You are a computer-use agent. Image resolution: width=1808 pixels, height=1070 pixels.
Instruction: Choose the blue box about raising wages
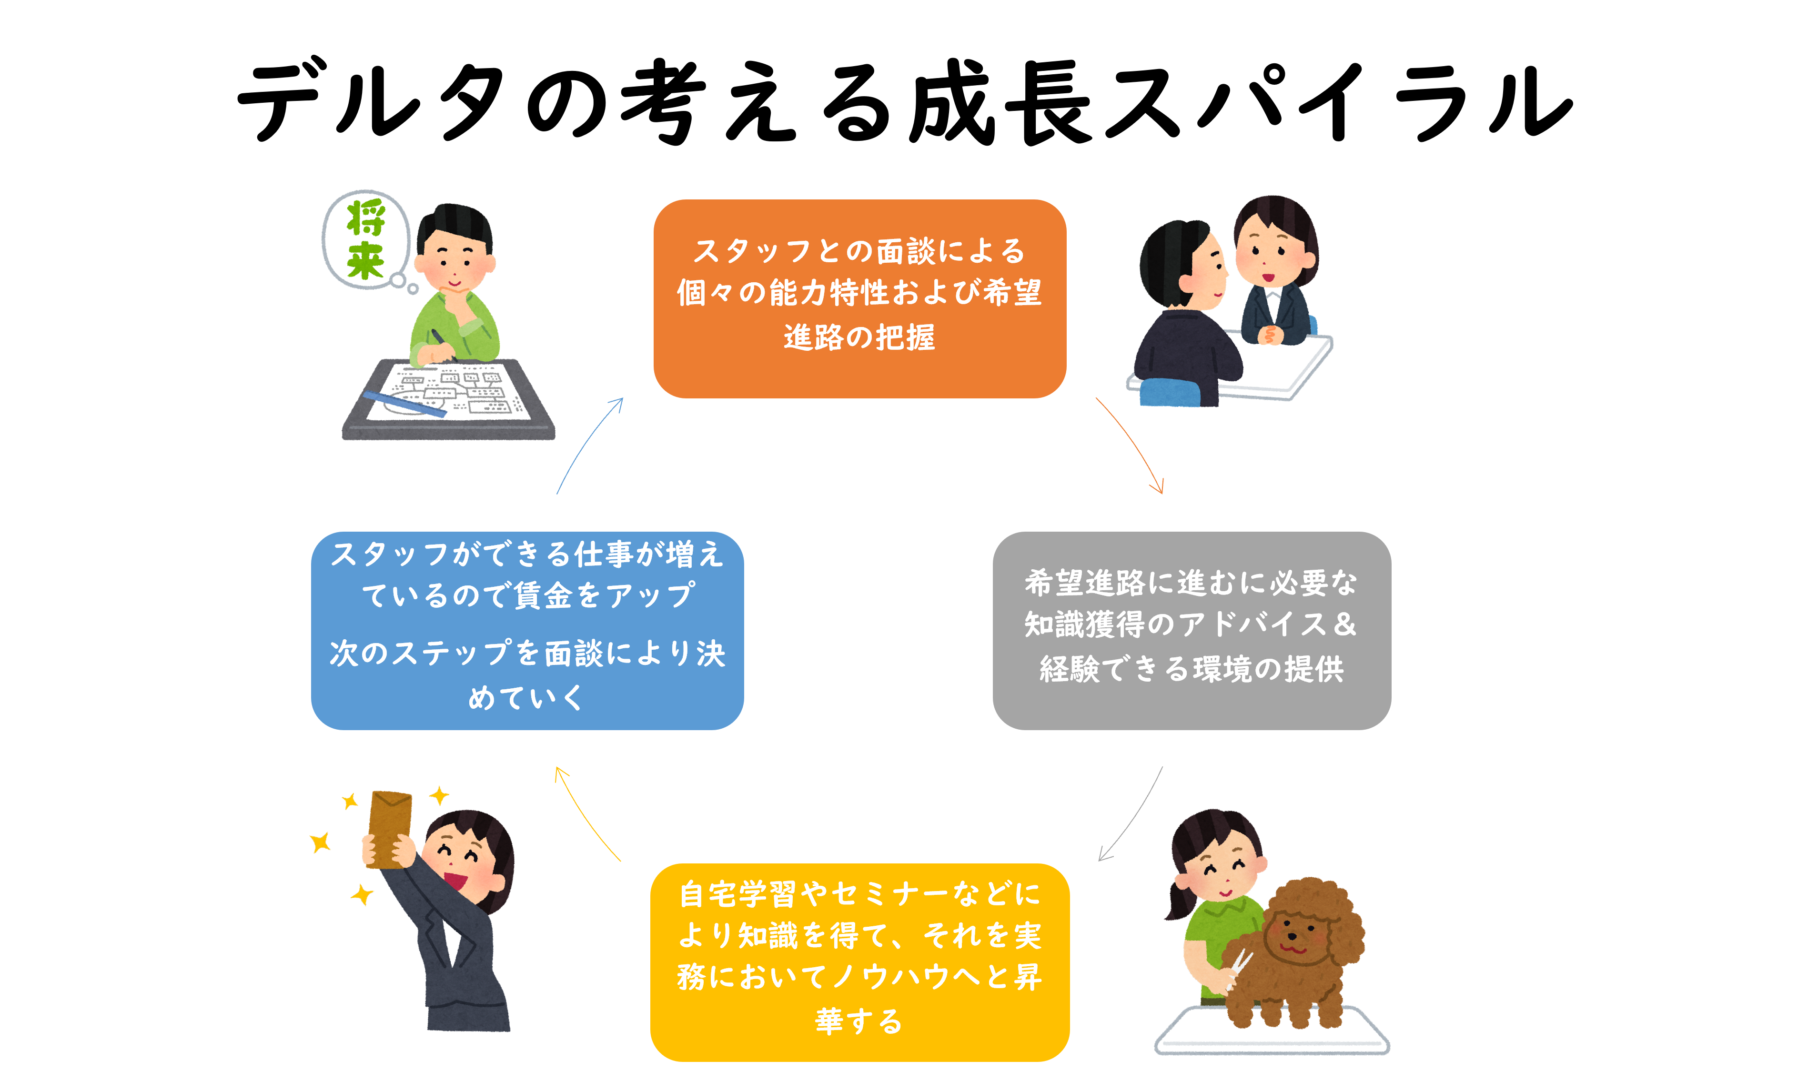coord(527,630)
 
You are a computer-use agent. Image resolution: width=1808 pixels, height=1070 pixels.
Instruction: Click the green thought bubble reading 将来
coord(366,240)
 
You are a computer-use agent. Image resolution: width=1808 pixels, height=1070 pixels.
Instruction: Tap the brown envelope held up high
coord(390,827)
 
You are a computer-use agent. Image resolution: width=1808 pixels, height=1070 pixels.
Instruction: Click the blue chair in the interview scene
coord(1170,393)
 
